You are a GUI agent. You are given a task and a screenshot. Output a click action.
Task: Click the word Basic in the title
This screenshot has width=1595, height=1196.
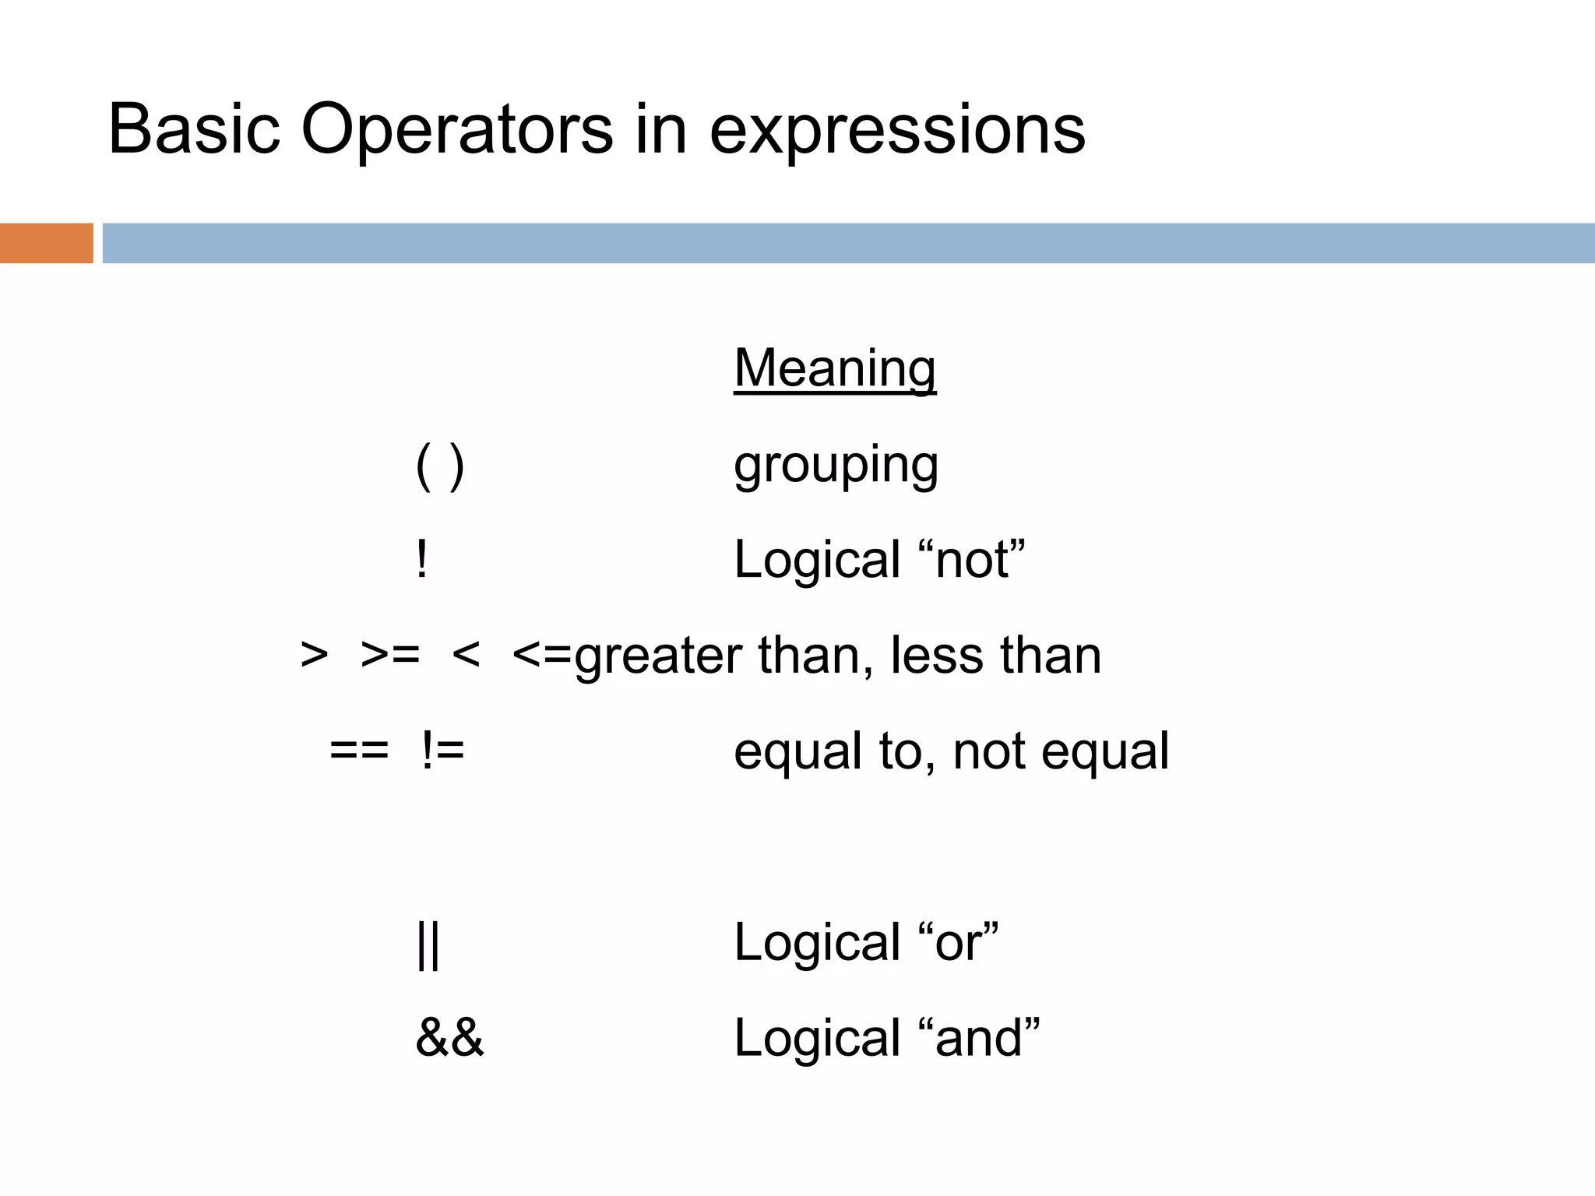(194, 129)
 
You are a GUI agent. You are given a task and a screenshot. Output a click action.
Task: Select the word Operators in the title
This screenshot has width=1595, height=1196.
(456, 129)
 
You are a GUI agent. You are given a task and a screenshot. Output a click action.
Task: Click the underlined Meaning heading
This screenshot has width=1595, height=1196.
(835, 369)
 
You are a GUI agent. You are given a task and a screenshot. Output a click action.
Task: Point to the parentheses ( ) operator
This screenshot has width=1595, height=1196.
(440, 466)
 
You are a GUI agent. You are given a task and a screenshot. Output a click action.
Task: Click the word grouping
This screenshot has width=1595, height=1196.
(836, 467)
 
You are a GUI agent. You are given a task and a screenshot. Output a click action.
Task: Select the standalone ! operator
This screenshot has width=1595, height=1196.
(421, 560)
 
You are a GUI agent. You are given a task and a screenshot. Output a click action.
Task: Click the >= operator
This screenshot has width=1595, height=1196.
(390, 656)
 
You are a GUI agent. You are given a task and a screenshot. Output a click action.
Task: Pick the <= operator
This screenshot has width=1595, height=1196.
(542, 656)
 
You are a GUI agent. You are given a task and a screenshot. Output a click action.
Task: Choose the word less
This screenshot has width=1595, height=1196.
(936, 656)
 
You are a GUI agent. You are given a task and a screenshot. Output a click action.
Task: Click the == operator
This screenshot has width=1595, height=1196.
(359, 751)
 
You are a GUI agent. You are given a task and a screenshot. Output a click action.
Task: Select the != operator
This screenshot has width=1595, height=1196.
(442, 751)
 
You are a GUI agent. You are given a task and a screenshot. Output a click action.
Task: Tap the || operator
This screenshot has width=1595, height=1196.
(428, 944)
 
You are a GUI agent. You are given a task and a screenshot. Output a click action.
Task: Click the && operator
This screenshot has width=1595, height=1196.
(449, 1038)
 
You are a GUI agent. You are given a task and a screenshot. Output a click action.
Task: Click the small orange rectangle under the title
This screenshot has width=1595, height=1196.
(46, 243)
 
